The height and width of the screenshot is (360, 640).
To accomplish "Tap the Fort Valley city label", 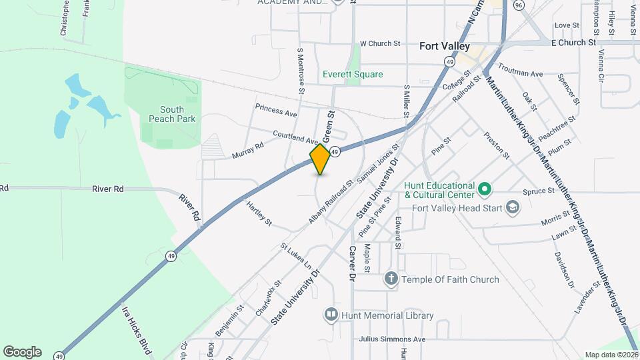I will tap(445, 47).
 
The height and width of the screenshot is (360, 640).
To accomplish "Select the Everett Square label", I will tap(353, 74).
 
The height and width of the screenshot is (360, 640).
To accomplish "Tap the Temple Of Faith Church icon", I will tap(391, 279).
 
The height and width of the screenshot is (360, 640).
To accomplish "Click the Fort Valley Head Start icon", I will tap(512, 207).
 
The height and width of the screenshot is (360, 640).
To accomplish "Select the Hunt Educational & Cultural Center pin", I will tap(485, 189).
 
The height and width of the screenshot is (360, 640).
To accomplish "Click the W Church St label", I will tap(379, 43).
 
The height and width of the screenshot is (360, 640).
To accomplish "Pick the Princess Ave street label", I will tap(276, 109).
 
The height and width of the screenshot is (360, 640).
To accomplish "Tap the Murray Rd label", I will tap(248, 150).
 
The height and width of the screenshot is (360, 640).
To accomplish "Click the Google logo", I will tap(22, 351).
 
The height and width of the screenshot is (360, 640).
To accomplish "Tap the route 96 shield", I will tap(519, 5).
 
